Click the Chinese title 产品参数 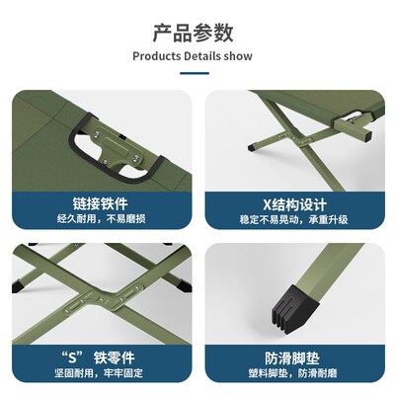pos(197,33)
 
